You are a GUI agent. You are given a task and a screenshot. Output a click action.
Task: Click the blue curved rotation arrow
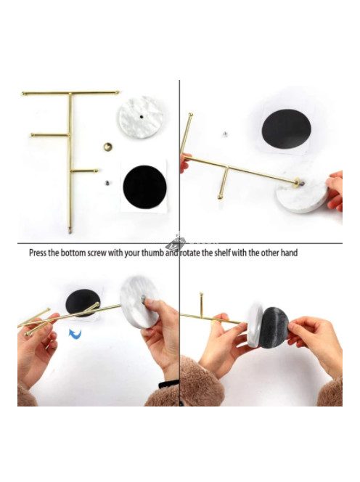[x=75, y=334]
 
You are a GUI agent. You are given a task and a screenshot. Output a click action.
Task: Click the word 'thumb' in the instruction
[x=152, y=253]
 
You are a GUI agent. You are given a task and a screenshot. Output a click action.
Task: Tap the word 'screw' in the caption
[x=97, y=253]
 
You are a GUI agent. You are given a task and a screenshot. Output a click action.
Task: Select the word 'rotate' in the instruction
[x=190, y=253]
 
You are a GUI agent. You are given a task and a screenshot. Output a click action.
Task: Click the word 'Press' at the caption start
[x=38, y=253]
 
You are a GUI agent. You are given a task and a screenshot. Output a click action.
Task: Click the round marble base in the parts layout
[x=141, y=117]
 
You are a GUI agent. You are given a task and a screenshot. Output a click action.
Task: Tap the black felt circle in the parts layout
[x=144, y=187]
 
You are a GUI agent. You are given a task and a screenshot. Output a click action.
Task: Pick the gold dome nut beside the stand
[x=107, y=147]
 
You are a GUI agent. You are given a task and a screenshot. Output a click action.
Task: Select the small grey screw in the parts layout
[x=107, y=183]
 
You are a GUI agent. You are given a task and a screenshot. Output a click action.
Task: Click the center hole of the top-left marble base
[x=142, y=117]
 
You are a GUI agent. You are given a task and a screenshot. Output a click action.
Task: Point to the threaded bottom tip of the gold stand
[x=70, y=230]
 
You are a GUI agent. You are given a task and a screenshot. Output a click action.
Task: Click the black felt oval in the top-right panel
[x=286, y=128]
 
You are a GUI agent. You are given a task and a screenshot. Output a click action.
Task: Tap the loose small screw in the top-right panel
[x=225, y=134]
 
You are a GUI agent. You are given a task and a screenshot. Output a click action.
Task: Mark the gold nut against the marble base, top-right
[x=297, y=183]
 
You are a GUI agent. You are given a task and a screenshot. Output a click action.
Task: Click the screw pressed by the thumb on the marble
[x=144, y=298]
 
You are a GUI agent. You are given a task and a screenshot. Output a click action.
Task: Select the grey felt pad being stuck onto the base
[x=274, y=327]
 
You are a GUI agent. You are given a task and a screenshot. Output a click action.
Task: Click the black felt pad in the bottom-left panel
[x=83, y=303]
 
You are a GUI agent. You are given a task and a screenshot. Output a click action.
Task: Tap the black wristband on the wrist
[x=169, y=384]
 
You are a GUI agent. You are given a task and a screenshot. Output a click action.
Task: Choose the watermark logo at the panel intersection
[x=175, y=243]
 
